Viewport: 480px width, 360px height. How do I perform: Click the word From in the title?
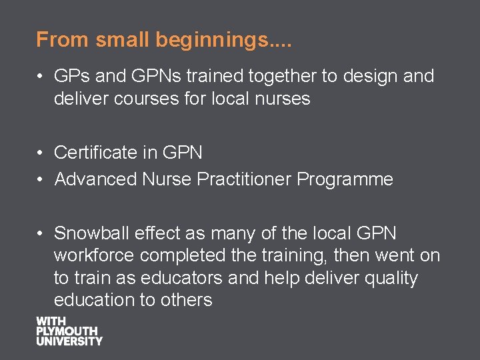(x=63, y=40)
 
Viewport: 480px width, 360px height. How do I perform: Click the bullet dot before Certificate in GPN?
(x=41, y=153)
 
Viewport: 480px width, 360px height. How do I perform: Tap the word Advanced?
(x=96, y=179)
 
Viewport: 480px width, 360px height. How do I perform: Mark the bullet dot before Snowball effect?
(x=41, y=234)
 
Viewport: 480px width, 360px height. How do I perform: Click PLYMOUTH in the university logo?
(x=67, y=331)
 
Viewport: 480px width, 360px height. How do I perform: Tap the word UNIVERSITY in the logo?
(x=69, y=341)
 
